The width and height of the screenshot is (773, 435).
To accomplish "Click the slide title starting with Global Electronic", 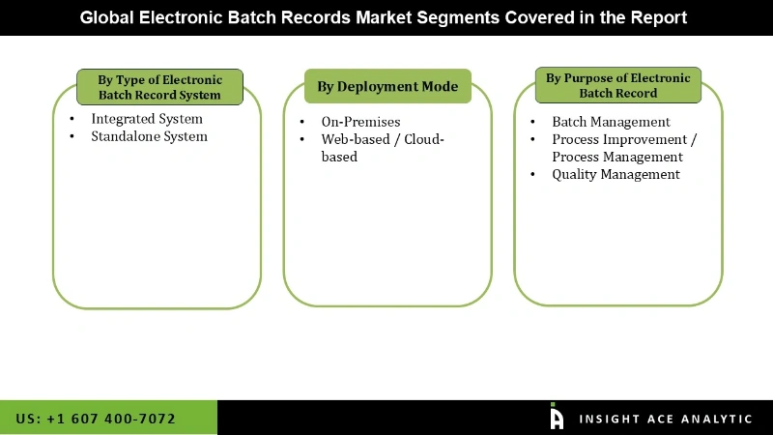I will coord(384,17).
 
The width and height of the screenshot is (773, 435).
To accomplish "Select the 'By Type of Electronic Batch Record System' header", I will coord(159,87).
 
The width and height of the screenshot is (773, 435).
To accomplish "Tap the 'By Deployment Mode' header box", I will coord(387,87).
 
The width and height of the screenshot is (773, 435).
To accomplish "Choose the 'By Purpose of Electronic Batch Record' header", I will coord(617,85).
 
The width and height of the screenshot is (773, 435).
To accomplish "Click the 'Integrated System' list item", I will coord(147,119).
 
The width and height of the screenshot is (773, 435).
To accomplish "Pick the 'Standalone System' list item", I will coord(149,136).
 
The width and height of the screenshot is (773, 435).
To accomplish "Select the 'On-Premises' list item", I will coord(360,122).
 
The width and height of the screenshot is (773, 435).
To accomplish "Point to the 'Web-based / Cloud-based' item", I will coord(382,148).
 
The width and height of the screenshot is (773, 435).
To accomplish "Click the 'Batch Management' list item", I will coord(611,122).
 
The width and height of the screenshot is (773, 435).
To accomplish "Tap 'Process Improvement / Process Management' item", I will coord(623,148).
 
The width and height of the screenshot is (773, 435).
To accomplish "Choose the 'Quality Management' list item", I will coord(616,174).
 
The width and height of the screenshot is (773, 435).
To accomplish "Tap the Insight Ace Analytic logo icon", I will coord(557,417).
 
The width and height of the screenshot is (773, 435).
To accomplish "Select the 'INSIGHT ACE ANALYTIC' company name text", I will coord(665,419).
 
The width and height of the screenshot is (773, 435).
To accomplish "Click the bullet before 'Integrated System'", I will coord(72,119).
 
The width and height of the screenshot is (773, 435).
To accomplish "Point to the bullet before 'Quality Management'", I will coord(532,174).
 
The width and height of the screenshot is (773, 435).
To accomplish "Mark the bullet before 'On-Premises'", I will coord(302,122).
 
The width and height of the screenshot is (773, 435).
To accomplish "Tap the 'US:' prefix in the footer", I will coord(28,419).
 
